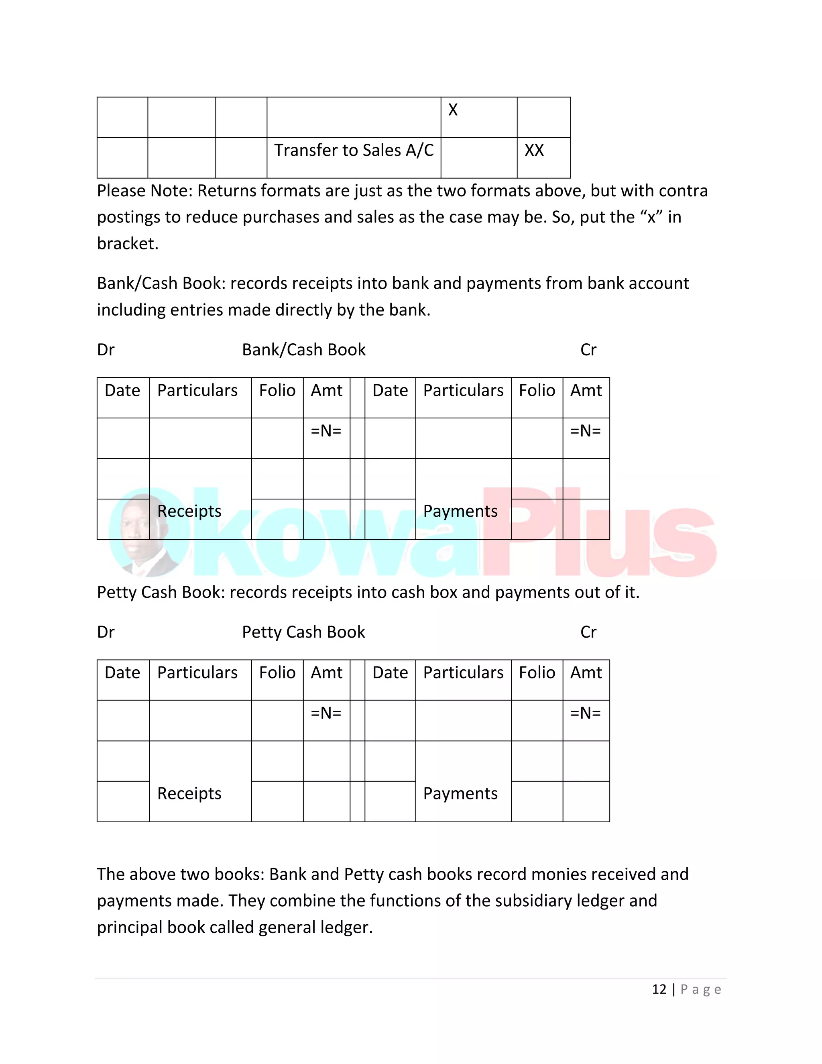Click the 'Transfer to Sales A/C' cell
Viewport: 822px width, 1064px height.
(354, 151)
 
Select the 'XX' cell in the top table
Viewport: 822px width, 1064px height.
(534, 151)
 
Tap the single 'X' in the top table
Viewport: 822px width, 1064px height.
(453, 110)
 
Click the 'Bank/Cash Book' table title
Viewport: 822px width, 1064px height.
(303, 350)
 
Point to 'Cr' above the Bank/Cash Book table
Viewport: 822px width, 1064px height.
(588, 350)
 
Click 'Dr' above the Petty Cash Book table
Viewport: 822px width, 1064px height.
(106, 632)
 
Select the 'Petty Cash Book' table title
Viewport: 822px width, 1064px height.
(303, 632)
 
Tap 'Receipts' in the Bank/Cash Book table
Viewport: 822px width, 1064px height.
(189, 511)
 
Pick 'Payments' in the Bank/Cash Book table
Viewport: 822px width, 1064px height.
(460, 511)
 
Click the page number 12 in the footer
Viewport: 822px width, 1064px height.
(659, 989)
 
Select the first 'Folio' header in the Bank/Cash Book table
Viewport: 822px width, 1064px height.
(277, 391)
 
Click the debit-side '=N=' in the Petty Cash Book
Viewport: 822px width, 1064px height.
(326, 713)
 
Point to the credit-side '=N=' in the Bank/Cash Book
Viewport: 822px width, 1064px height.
(586, 431)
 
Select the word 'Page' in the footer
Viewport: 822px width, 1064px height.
(701, 989)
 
